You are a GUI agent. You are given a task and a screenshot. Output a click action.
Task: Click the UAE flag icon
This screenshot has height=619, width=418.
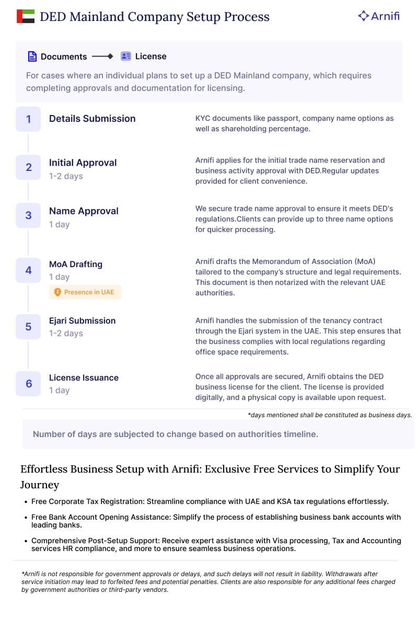pos(26,17)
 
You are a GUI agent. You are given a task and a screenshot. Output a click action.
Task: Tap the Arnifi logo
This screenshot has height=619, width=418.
pos(379,16)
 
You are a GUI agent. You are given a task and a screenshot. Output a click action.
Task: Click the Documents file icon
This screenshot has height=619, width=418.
pos(32,56)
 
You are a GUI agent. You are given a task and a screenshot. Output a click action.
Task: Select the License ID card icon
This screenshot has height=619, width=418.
pos(125,56)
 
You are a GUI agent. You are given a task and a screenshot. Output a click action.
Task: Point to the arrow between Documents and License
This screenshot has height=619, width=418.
pos(102,56)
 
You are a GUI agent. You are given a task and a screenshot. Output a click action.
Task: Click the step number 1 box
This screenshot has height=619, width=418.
pos(28,119)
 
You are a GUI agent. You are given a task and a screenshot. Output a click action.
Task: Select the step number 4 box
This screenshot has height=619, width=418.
pos(28,270)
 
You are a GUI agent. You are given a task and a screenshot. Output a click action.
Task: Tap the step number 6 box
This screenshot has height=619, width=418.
pos(28,384)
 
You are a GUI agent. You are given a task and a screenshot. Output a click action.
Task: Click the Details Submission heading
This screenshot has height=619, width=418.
pos(92,119)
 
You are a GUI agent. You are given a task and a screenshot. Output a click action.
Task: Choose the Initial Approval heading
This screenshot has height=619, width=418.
pos(83,163)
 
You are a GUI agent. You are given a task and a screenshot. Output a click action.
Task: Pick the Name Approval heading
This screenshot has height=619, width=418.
pos(84,211)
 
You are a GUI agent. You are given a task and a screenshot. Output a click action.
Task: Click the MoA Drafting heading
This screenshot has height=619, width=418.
pos(76,264)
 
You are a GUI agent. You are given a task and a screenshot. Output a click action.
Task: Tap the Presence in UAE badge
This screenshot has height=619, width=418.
pos(85,292)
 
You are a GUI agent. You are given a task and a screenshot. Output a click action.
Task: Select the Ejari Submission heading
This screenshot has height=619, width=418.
pos(82,320)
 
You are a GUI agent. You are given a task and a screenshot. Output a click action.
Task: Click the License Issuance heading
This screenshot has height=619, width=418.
pos(84,377)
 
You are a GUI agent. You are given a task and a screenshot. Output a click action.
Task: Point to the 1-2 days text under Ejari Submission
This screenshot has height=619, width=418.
pos(66,334)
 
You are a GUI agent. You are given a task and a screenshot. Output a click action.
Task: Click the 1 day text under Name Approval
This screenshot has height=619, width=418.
pos(59,225)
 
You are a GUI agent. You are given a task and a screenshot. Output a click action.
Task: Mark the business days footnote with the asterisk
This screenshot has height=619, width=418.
pos(330,415)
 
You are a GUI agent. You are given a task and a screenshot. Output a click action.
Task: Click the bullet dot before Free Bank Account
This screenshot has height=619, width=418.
pos(26,518)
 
